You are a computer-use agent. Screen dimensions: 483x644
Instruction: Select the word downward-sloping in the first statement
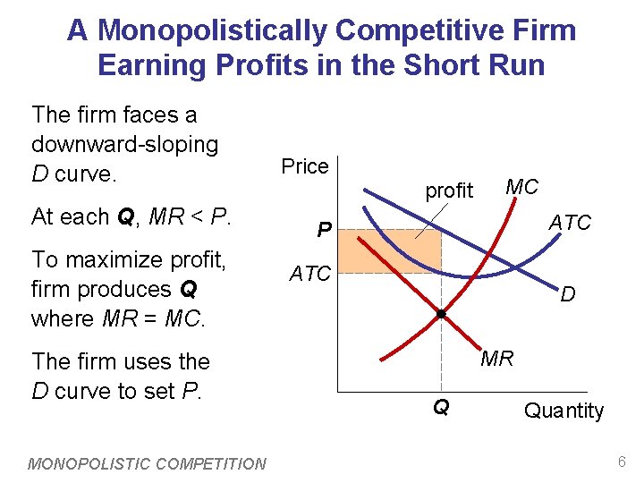pos(124,144)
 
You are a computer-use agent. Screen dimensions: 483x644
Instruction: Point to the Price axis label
pos(305,166)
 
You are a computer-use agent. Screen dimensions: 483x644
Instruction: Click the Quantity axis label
pos(563,411)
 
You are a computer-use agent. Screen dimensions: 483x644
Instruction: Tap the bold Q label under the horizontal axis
pos(440,408)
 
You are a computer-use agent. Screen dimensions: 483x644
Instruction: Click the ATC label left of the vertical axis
pos(310,274)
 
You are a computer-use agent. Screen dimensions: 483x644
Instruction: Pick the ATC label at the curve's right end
pos(570,222)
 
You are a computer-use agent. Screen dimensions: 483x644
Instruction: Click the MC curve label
pos(521,187)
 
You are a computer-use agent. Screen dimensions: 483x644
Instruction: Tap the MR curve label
pos(497,359)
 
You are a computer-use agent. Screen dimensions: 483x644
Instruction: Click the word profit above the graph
pos(449,191)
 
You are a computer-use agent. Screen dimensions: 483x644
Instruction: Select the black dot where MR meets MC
pos(441,314)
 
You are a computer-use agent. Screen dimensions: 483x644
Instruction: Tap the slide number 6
pos(622,462)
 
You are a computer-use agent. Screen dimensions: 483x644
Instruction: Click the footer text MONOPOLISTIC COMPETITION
pos(148,463)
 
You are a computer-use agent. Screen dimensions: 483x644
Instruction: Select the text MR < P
pos(190,216)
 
